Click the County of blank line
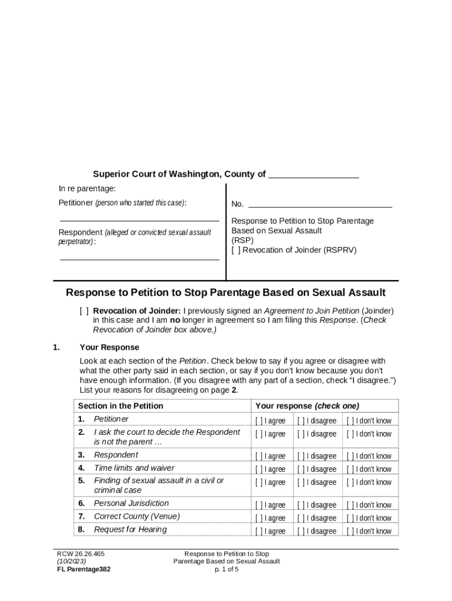click(x=313, y=175)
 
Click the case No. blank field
click(x=320, y=205)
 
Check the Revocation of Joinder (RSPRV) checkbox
click(x=235, y=250)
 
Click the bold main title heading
click(x=225, y=292)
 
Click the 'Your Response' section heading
click(x=109, y=347)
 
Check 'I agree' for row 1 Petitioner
click(x=258, y=421)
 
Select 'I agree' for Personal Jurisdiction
click(x=258, y=505)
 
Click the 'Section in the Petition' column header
click(x=120, y=406)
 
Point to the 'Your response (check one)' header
click(x=307, y=406)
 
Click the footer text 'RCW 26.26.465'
click(x=80, y=553)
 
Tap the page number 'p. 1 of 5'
click(x=227, y=569)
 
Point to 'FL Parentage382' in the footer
click(x=83, y=569)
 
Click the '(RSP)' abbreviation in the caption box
click(x=242, y=241)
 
